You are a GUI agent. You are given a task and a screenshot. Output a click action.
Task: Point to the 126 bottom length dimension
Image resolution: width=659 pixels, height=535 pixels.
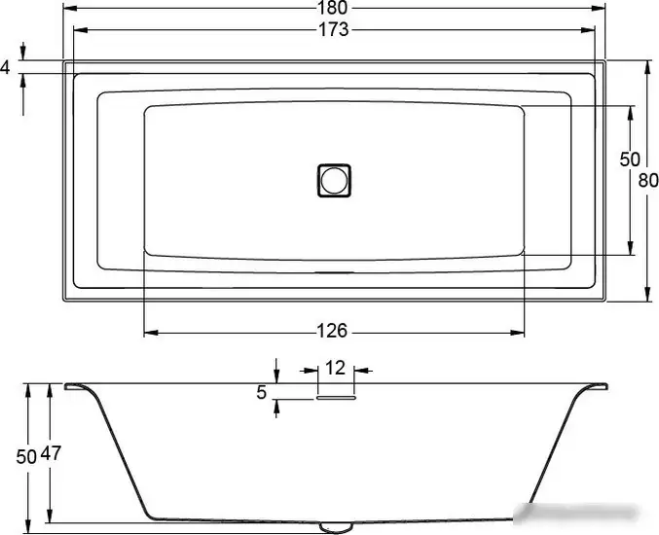[333, 332]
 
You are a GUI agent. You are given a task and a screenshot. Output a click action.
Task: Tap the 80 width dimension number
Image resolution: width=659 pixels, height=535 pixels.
[648, 180]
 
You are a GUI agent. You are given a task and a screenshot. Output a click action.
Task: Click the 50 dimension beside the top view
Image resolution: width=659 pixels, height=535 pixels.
[630, 159]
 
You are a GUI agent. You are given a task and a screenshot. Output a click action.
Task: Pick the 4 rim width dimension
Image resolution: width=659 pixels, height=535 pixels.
[6, 67]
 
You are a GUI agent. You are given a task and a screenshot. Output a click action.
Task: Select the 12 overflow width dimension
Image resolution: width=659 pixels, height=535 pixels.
[335, 369]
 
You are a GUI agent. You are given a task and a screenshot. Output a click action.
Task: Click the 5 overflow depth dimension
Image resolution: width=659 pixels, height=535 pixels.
[261, 392]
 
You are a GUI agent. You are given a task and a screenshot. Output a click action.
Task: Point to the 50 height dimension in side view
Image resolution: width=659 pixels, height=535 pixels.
[26, 454]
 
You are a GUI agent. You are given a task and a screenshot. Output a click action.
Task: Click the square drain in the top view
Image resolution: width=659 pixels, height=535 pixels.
[333, 180]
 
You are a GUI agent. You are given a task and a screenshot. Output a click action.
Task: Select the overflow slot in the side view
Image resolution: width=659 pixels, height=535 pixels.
[336, 396]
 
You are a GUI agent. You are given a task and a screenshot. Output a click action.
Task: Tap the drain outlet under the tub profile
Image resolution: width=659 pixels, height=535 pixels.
[335, 526]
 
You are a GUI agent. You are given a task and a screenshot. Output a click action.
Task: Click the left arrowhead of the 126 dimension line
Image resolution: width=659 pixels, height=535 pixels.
[149, 332]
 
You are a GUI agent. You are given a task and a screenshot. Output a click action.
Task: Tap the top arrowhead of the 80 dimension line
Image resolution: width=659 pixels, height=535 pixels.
[647, 66]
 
